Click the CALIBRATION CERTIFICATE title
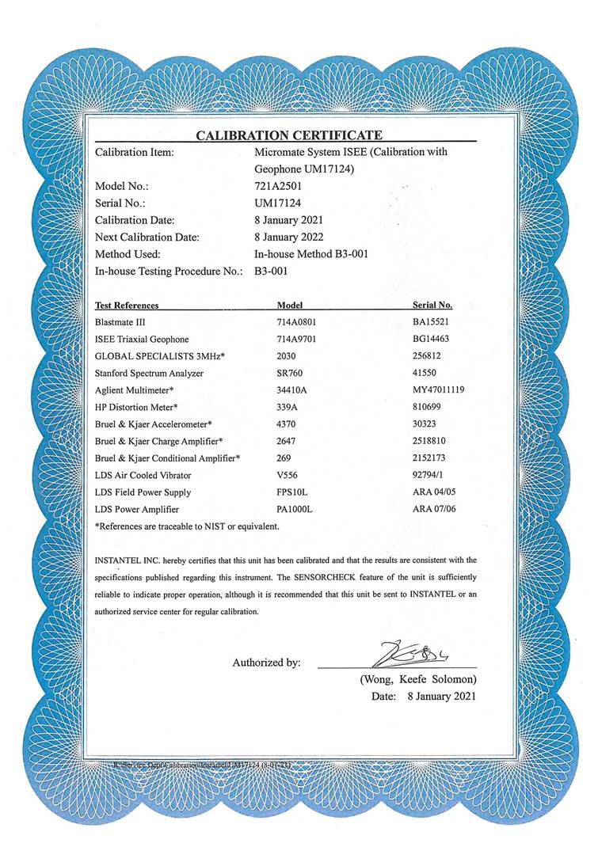point(289,135)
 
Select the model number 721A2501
point(279,187)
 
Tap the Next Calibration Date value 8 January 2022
point(288,237)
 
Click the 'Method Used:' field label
point(128,254)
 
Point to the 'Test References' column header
point(127,305)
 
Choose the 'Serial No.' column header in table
point(432,305)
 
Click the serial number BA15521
point(432,322)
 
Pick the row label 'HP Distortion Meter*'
point(136,407)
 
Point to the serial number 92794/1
point(431,475)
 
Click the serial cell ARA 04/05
point(435,492)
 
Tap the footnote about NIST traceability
point(187,526)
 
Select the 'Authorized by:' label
point(266,663)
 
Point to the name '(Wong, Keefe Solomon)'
point(418,679)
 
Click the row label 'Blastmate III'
point(120,322)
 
